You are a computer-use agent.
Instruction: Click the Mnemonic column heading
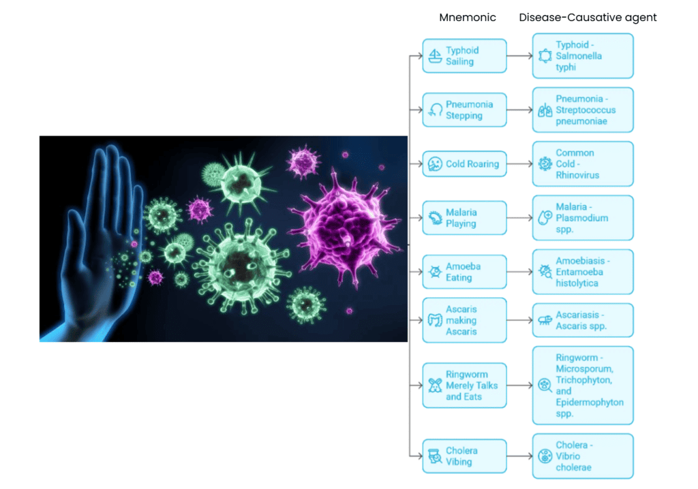pyautogui.click(x=468, y=18)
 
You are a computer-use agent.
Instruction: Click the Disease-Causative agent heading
pyautogui.click(x=588, y=18)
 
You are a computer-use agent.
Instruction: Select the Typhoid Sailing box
pyautogui.click(x=464, y=56)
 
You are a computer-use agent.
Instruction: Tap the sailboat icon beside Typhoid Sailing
pyautogui.click(x=434, y=57)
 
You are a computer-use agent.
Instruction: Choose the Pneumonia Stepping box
pyautogui.click(x=464, y=110)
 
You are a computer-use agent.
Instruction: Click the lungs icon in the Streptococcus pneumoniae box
pyautogui.click(x=545, y=110)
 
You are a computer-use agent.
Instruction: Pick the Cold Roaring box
pyautogui.click(x=464, y=164)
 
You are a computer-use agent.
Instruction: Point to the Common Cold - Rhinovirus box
pyautogui.click(x=583, y=164)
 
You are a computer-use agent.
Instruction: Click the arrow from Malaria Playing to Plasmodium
pyautogui.click(x=519, y=218)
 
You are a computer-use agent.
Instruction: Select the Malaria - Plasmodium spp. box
pyautogui.click(x=583, y=218)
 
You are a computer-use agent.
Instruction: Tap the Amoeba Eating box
pyautogui.click(x=464, y=272)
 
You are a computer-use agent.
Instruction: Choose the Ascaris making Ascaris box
pyautogui.click(x=464, y=320)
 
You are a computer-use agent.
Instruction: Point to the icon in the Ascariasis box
pyautogui.click(x=545, y=320)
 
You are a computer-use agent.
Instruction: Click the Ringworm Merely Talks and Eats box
pyautogui.click(x=464, y=385)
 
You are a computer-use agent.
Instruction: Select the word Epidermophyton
pyautogui.click(x=590, y=403)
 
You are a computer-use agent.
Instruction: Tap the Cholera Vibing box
pyautogui.click(x=464, y=456)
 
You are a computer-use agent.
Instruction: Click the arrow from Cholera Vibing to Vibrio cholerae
pyautogui.click(x=519, y=456)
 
